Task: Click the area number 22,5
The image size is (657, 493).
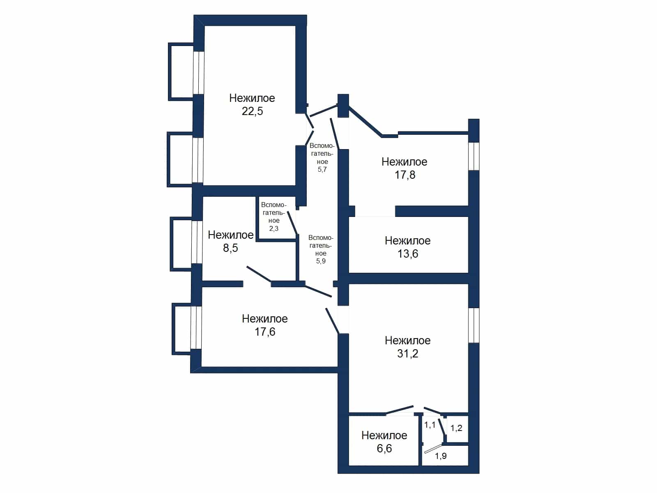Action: [x=252, y=111]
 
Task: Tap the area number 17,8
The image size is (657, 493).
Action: [x=405, y=175]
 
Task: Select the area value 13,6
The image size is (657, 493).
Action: [x=408, y=254]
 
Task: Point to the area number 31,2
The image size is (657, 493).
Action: [x=408, y=353]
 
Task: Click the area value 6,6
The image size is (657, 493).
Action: [x=384, y=448]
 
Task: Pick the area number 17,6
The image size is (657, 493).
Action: [x=265, y=332]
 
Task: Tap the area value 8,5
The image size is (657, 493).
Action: [x=230, y=248]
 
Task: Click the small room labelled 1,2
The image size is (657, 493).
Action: [x=457, y=428]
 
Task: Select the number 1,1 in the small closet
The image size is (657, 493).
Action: [x=430, y=425]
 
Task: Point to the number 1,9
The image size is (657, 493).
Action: [x=441, y=456]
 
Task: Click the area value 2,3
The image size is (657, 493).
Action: [x=273, y=229]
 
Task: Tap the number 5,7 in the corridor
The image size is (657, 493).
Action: [x=322, y=169]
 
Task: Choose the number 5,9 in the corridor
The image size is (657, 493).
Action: [x=321, y=261]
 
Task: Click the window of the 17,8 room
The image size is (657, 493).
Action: [x=474, y=156]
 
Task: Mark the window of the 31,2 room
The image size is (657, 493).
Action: [x=474, y=325]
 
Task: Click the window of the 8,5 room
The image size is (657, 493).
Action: [x=197, y=242]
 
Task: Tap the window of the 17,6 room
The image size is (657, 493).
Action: [x=196, y=327]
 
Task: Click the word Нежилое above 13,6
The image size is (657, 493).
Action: [x=408, y=241]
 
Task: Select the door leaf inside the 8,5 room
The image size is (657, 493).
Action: [x=259, y=274]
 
